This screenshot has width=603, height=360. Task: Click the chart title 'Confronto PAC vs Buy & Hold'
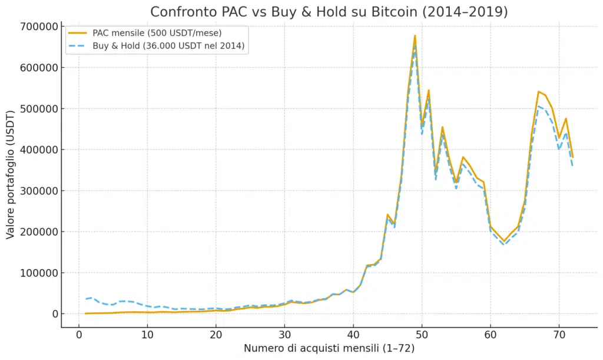[x=329, y=12]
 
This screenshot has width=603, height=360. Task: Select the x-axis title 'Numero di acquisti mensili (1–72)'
[x=329, y=349]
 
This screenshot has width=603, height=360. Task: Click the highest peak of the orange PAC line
[x=415, y=35]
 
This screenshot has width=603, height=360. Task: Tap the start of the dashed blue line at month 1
[x=85, y=299]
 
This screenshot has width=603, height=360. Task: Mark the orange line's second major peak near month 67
[x=538, y=91]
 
